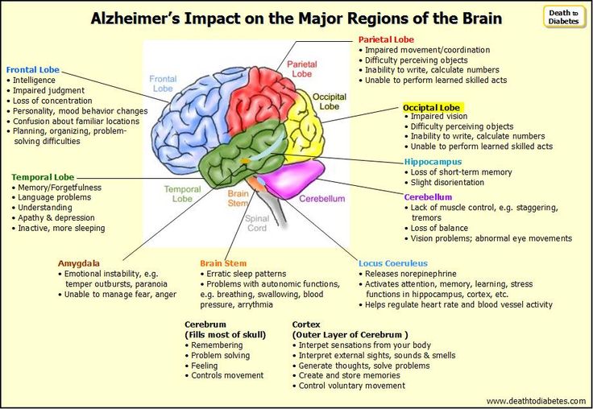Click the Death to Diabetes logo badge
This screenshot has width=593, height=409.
pyautogui.click(x=564, y=17)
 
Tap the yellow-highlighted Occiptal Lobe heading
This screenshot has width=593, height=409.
pyautogui.click(x=432, y=107)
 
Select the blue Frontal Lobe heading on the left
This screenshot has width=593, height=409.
pyautogui.click(x=33, y=70)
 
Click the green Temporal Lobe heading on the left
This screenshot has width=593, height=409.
pyautogui.click(x=43, y=177)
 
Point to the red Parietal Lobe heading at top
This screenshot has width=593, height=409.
pyautogui.click(x=386, y=39)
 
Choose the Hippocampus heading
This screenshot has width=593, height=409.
pyautogui.click(x=433, y=162)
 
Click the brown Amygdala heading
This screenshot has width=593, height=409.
pyautogui.click(x=79, y=263)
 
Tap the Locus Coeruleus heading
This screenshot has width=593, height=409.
pyautogui.click(x=393, y=263)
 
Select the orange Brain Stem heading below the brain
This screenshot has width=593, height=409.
pyautogui.click(x=223, y=263)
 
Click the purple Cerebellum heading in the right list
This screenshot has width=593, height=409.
pyautogui.click(x=428, y=197)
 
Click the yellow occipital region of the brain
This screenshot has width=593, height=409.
pyautogui.click(x=304, y=126)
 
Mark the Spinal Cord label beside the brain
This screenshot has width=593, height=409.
pyautogui.click(x=257, y=223)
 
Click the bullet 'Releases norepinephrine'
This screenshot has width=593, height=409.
pyautogui.click(x=411, y=274)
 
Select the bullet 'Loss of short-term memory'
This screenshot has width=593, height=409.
pyautogui.click(x=461, y=172)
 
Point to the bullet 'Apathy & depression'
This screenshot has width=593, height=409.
pyautogui.click(x=56, y=217)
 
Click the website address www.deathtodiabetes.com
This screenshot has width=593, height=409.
pyautogui.click(x=536, y=401)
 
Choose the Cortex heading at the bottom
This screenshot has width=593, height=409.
pyautogui.click(x=306, y=324)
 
